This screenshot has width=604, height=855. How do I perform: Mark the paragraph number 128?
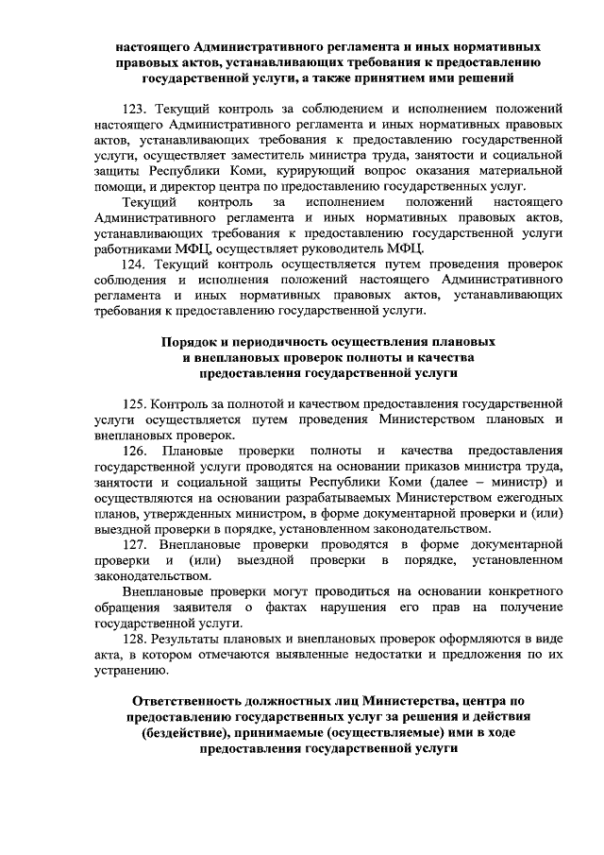coord(138,640)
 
